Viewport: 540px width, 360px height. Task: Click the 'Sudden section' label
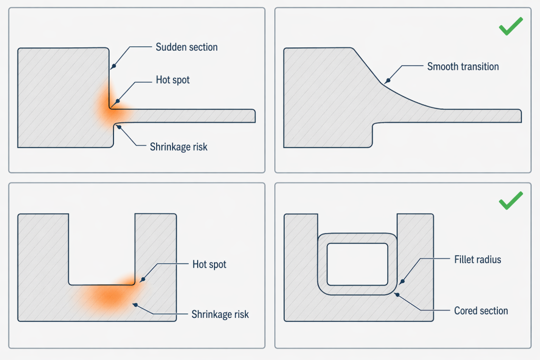(187, 47)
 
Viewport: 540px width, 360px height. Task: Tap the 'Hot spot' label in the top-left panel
(172, 80)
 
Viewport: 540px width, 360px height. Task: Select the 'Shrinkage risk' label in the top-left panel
(178, 147)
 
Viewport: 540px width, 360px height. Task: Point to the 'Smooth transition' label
(462, 66)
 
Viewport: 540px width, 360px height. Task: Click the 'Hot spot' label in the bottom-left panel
(209, 264)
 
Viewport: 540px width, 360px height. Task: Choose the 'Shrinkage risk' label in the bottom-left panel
(220, 315)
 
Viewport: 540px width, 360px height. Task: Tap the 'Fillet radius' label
(477, 259)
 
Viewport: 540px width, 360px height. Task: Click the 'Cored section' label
(481, 310)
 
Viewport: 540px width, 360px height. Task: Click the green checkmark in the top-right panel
(510, 26)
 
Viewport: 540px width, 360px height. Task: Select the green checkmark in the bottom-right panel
(510, 201)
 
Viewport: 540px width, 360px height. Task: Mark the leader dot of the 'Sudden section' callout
(112, 67)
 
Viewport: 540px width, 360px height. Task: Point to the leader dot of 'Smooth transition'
(388, 81)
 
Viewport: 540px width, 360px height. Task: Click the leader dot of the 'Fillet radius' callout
(403, 281)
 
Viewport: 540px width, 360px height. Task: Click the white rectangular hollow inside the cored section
(357, 264)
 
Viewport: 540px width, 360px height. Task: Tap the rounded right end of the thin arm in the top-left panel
(254, 116)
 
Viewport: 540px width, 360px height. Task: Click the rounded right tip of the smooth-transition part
(519, 116)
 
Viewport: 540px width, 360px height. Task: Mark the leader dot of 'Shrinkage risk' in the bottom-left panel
(136, 304)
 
